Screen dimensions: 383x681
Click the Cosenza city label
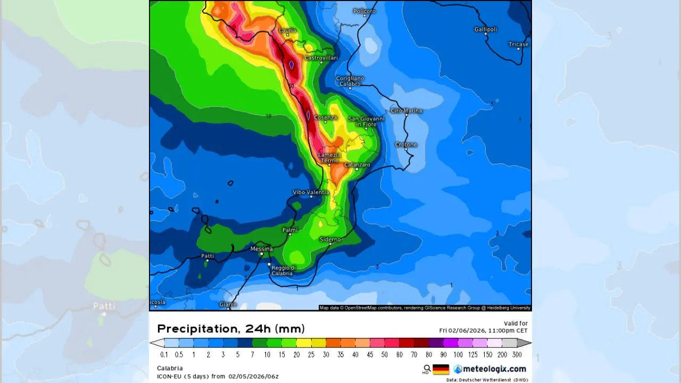point(325,118)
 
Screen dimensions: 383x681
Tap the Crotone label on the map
point(406,145)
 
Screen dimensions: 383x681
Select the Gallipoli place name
point(485,29)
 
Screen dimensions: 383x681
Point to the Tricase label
point(518,44)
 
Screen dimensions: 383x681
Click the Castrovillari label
point(321,57)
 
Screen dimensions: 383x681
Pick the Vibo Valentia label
point(311,192)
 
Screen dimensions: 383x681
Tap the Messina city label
point(261,249)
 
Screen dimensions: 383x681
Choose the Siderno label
point(330,239)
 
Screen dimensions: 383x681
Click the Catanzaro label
point(357,165)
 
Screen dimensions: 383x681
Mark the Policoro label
point(364,11)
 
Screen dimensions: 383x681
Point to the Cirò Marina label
point(406,111)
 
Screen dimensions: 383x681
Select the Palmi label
point(289,230)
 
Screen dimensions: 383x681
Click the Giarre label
point(228,305)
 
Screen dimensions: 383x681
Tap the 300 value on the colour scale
point(517,355)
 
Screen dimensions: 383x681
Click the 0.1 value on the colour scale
point(164,355)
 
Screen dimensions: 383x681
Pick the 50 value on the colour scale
point(384,355)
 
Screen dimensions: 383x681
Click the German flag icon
point(441,369)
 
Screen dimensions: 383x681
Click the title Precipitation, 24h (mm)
point(231,329)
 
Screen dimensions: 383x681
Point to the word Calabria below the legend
point(170,368)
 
